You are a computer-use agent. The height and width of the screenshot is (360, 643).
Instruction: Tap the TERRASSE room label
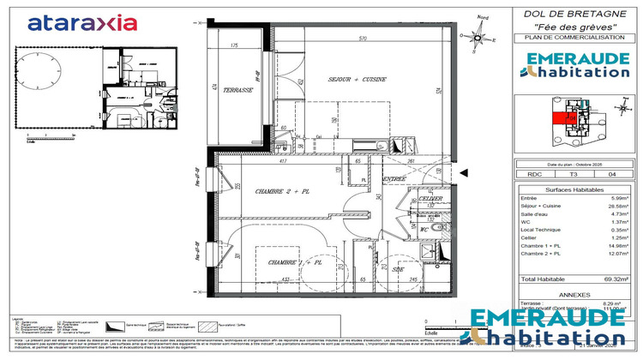pos(238,90)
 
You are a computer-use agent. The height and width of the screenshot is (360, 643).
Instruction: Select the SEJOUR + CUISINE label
pos(358,79)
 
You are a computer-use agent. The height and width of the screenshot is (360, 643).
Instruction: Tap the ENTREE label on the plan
pos(394,178)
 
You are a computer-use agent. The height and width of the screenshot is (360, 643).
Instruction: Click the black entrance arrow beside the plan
pos(463,173)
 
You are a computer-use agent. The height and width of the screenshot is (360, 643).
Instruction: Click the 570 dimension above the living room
pos(363,39)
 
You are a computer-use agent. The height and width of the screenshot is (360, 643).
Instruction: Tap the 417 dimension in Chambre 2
pos(283,160)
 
